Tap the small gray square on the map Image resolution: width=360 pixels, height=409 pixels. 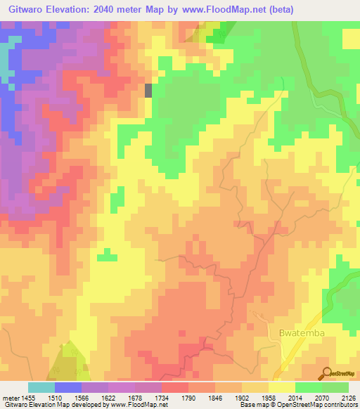pos(148,90)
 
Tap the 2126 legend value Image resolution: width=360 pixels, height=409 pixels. pos(348,397)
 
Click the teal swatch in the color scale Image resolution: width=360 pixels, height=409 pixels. pos(41,387)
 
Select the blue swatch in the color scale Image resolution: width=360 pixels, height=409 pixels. pos(68,387)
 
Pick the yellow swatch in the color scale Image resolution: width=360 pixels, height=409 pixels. pos(281,387)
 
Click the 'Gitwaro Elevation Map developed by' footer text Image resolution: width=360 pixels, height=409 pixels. pos(52,405)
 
